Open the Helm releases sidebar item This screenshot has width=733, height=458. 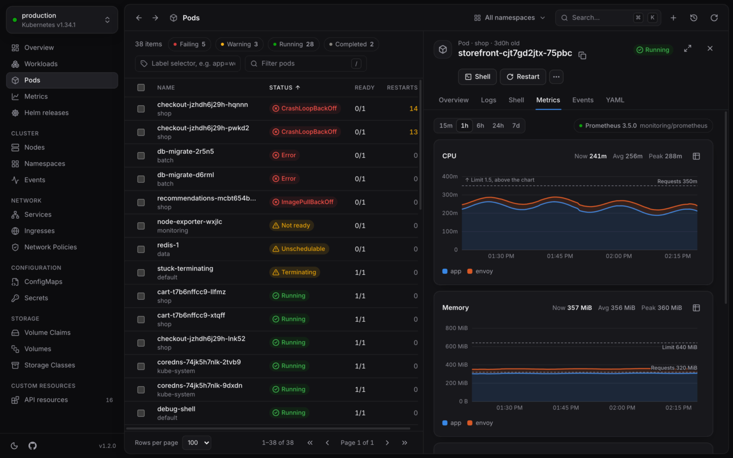click(x=46, y=113)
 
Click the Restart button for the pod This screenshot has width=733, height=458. click(x=523, y=77)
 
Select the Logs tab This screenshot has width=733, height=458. click(x=488, y=100)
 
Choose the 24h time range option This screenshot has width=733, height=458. click(x=498, y=126)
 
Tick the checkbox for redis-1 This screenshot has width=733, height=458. click(x=141, y=249)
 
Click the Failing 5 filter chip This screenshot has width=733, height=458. click(x=189, y=44)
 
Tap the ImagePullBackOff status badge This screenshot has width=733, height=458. click(x=303, y=202)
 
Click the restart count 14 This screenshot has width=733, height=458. click(x=413, y=108)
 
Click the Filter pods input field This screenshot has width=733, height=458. click(x=305, y=64)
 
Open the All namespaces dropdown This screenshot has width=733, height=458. click(x=509, y=18)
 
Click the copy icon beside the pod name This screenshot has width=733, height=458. click(x=582, y=55)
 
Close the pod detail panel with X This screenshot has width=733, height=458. click(x=710, y=49)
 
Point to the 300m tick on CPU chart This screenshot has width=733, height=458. click(x=450, y=194)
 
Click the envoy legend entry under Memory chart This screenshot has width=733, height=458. click(x=480, y=423)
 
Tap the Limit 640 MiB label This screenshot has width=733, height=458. click(x=680, y=347)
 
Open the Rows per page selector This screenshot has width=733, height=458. click(x=196, y=443)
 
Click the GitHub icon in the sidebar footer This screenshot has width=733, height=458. click(x=33, y=446)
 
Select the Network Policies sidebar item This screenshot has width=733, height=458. click(x=50, y=247)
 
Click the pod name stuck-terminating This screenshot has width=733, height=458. click(x=185, y=269)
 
